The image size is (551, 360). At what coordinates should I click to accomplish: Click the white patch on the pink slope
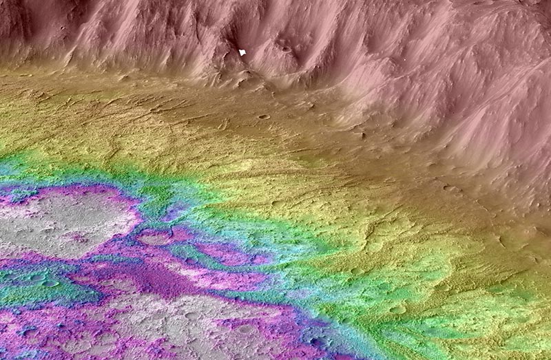point(242,52)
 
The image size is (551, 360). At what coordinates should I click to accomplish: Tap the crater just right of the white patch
point(285,49)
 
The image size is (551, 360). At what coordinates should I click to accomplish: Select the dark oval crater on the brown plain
point(264,116)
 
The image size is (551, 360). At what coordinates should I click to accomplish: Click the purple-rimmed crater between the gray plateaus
point(156,238)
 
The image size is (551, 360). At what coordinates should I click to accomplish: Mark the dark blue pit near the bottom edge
point(318,342)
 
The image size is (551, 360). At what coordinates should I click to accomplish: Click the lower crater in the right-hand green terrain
point(397,310)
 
